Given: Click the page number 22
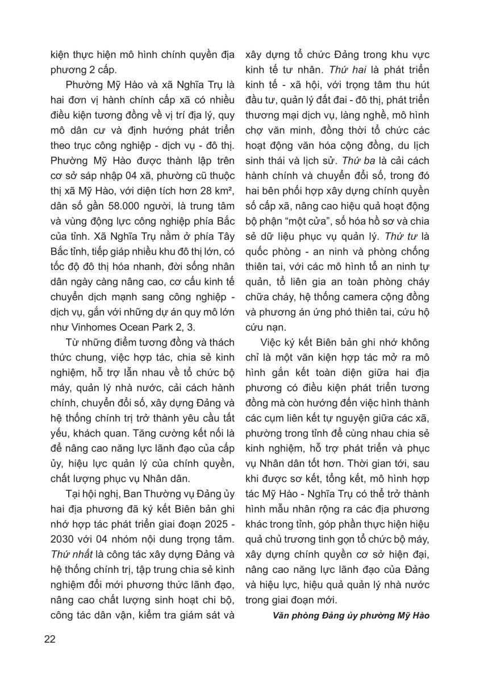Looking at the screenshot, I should [x=49, y=639].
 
